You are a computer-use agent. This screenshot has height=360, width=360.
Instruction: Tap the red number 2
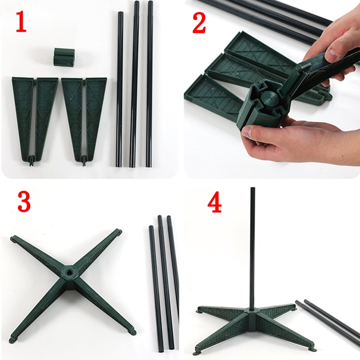pyautogui.click(x=199, y=23)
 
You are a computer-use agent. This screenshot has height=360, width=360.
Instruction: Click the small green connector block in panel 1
pyautogui.click(x=64, y=57)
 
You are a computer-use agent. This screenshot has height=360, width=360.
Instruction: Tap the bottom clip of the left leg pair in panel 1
pyautogui.click(x=32, y=160)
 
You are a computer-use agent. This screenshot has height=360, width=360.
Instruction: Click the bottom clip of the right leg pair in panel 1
pyautogui.click(x=85, y=160)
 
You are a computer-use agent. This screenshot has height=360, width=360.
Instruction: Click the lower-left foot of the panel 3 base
pyautogui.click(x=13, y=340)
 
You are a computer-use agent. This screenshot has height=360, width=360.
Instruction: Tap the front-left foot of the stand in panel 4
pyautogui.click(x=198, y=351)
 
